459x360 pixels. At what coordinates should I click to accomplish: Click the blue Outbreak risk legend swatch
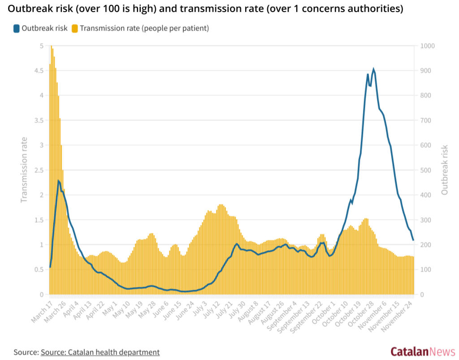point(17,28)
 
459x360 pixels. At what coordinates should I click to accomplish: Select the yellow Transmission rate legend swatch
point(75,28)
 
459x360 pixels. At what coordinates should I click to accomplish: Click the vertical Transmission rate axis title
point(24,170)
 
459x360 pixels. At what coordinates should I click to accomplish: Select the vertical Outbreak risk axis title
point(444,170)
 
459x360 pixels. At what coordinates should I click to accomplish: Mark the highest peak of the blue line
point(373,70)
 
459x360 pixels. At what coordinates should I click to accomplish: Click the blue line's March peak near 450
point(58,181)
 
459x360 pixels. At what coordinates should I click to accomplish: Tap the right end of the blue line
point(413,240)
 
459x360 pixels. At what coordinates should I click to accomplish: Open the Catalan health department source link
point(100,352)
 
